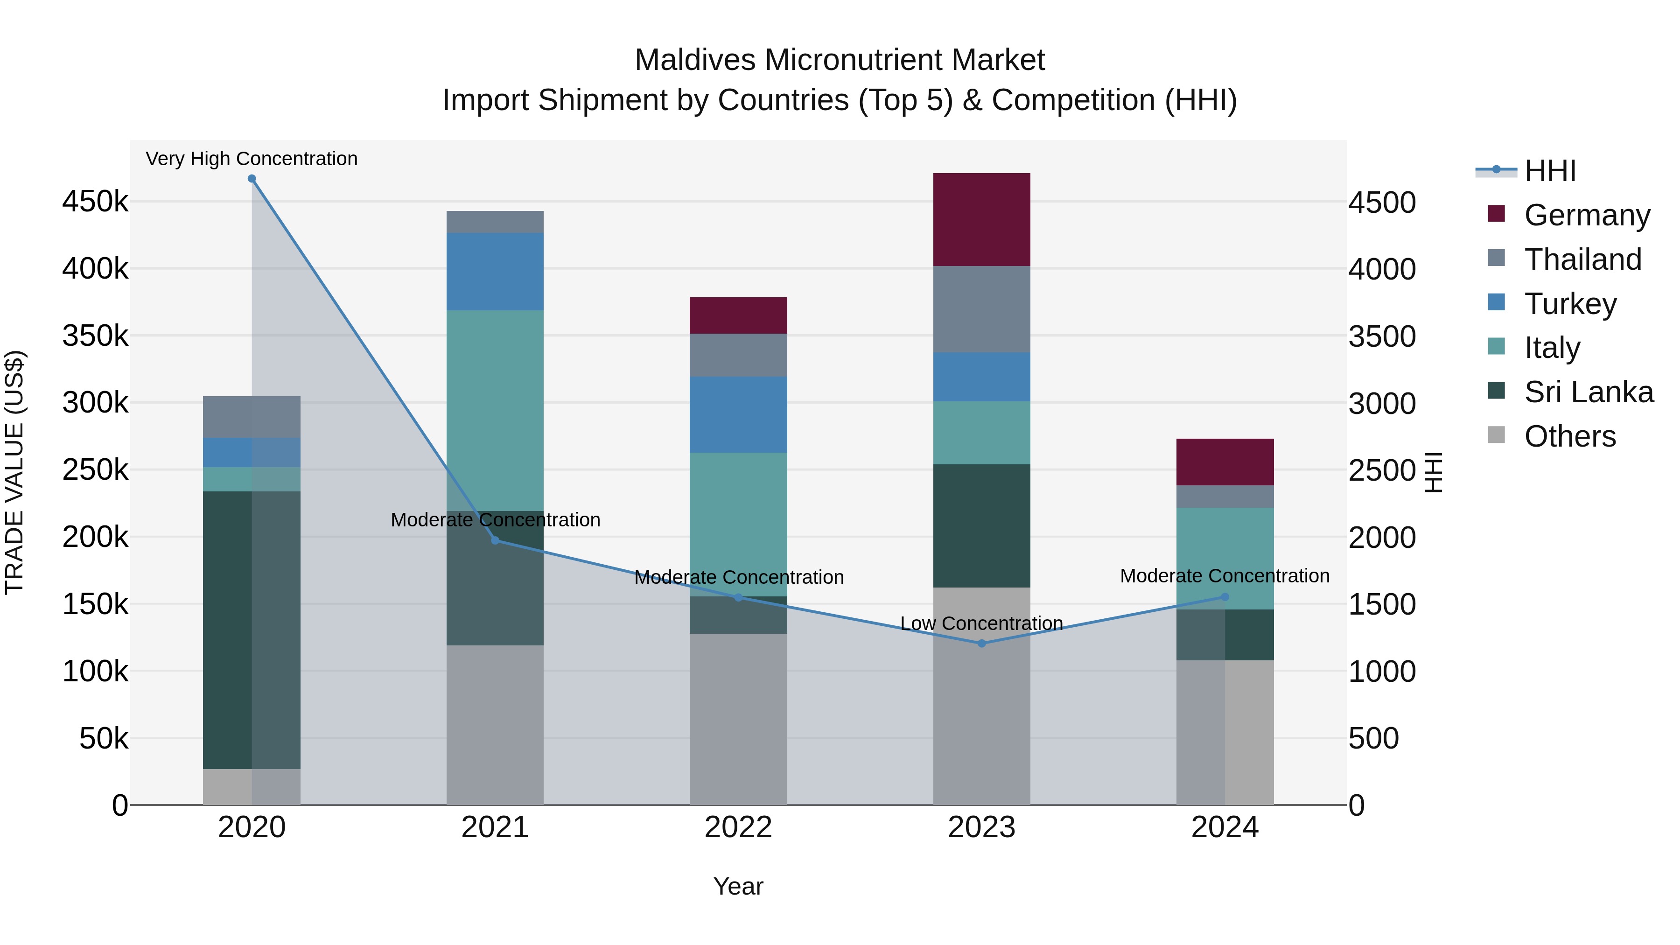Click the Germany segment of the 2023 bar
click(981, 219)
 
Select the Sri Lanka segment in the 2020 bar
click(251, 630)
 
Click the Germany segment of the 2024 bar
click(1225, 462)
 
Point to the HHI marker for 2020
click(252, 179)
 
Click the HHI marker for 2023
click(981, 644)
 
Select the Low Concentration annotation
click(981, 623)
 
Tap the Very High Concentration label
click(251, 159)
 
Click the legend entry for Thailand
click(1582, 259)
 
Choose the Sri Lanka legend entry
click(1588, 392)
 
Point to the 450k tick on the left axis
click(95, 202)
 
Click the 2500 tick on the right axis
click(1382, 471)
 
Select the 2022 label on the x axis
click(738, 827)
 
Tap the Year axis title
click(738, 886)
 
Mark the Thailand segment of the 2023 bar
click(981, 309)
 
